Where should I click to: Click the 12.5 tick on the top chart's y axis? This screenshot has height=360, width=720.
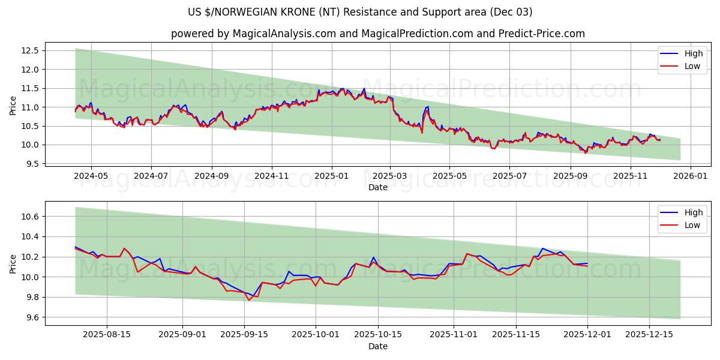point(31,50)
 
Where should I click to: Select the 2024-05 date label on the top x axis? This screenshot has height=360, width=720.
point(91,176)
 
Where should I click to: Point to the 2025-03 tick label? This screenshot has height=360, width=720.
point(390,176)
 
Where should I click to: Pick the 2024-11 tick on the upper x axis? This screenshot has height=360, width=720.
point(272,176)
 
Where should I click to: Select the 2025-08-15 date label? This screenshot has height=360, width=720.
point(107,335)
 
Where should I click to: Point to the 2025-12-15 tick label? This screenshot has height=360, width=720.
point(649,335)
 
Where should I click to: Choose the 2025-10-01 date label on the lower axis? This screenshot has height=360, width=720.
point(317,335)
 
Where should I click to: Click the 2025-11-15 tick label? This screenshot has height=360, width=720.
point(514,335)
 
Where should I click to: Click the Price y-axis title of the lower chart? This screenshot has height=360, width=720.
point(13,263)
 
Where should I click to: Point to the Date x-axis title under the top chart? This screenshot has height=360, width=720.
point(378,187)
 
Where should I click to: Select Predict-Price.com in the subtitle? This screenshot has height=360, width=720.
point(541,34)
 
